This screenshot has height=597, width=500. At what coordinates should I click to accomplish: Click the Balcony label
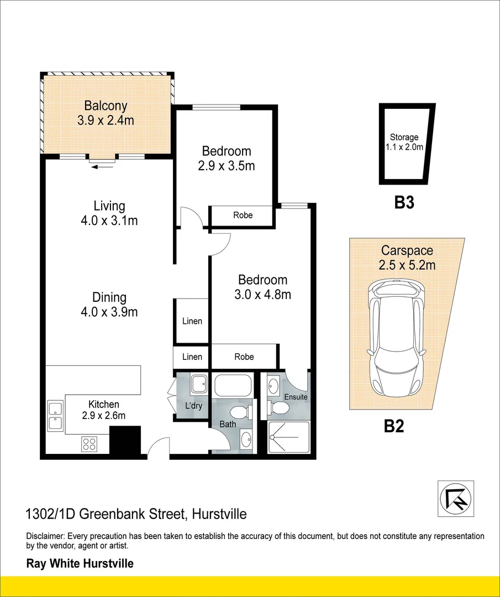point(106,106)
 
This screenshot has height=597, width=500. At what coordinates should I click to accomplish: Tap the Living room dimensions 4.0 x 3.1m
point(109,221)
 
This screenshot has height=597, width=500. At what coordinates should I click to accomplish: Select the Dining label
point(109,297)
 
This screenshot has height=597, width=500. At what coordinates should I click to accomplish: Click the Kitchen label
point(104,405)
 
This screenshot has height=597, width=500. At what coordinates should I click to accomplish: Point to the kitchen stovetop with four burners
point(90,443)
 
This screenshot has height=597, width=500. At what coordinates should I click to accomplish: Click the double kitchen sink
point(55,416)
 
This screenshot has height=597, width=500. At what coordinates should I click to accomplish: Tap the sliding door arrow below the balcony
point(104,165)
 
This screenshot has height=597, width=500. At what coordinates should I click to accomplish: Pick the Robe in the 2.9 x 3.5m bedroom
point(243,215)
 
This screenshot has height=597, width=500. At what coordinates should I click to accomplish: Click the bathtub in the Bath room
point(233,385)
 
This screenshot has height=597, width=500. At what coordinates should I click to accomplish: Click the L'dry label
point(193,406)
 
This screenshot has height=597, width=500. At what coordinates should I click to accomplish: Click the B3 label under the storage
point(404,203)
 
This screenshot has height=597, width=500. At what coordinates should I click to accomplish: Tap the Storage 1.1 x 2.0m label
point(404,142)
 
